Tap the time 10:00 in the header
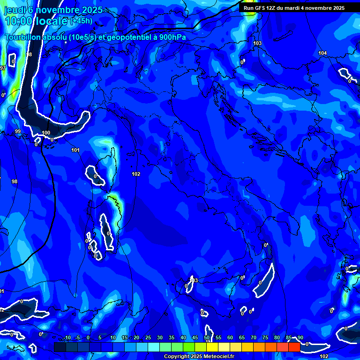(19, 21)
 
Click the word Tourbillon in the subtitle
(23, 37)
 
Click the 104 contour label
(322, 53)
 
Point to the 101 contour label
(75, 150)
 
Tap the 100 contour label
(46, 133)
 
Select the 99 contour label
(18, 132)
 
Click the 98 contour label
(15, 181)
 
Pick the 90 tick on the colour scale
(300, 338)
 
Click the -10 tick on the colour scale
(67, 338)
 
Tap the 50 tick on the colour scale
(207, 338)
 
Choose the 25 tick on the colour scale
(148, 338)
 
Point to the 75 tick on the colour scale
(265, 338)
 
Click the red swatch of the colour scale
(294, 347)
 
